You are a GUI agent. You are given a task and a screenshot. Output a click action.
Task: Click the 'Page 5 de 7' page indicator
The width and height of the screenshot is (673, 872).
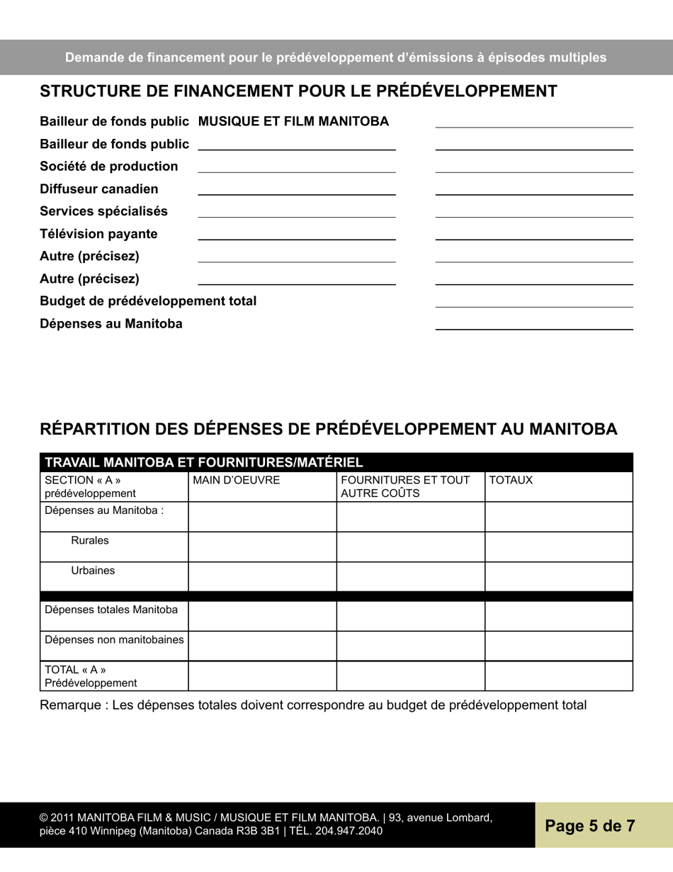(x=589, y=825)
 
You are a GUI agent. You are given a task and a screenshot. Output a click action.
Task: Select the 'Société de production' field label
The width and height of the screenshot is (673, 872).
(x=109, y=167)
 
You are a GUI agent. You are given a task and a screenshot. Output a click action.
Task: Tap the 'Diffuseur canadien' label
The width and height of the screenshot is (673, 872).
(x=99, y=189)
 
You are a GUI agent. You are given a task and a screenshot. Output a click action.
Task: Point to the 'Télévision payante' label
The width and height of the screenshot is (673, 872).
(x=98, y=234)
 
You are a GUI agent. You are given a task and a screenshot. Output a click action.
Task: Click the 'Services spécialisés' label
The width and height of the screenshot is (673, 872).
(x=104, y=211)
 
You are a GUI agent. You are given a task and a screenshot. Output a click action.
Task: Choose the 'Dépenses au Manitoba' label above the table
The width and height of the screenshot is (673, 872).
(x=111, y=324)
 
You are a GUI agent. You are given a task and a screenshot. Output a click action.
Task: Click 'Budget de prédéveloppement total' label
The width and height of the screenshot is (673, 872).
(x=148, y=301)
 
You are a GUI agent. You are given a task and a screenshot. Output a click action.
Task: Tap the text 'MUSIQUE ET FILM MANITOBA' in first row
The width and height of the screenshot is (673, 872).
(x=293, y=122)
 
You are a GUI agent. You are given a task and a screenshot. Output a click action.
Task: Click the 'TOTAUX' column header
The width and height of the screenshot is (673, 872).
(x=511, y=481)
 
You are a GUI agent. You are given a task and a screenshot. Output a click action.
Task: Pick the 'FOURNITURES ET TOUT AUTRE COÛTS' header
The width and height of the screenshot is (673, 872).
(x=405, y=486)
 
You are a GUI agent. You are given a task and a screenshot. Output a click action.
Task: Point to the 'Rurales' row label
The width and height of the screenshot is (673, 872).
(x=90, y=540)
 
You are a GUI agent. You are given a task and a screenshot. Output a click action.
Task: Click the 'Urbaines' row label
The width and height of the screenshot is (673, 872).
(x=93, y=570)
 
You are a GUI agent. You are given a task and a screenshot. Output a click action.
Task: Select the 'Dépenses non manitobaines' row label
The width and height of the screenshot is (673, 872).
(x=115, y=639)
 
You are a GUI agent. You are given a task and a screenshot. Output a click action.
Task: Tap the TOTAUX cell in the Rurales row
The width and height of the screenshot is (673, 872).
(x=558, y=547)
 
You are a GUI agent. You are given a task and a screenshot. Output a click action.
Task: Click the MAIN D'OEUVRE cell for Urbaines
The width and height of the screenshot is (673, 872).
(x=262, y=576)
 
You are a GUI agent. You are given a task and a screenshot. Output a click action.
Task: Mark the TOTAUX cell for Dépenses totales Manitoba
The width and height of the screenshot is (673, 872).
(x=558, y=616)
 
